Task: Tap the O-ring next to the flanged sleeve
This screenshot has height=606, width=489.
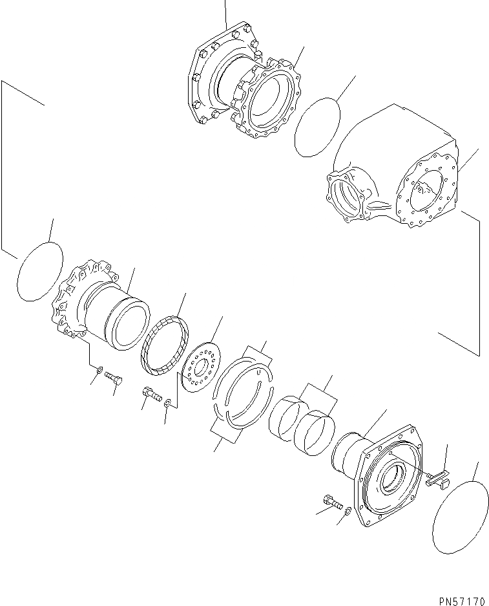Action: tap(38, 271)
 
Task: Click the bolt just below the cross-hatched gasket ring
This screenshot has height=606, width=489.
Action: tap(150, 395)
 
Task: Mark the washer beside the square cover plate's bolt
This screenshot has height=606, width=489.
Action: tap(348, 511)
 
